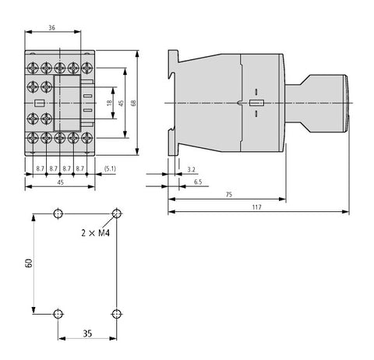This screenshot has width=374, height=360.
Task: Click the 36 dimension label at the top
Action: tap(52, 27)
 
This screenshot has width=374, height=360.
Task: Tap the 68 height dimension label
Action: tap(134, 103)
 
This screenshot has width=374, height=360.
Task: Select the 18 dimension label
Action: tap(110, 103)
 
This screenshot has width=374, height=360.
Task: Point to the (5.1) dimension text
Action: tap(110, 169)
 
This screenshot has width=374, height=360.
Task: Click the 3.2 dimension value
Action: tap(191, 170)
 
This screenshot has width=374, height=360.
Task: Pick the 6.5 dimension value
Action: tap(198, 182)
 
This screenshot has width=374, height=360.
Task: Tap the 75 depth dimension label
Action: tap(229, 195)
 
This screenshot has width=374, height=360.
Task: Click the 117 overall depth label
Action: tap(257, 207)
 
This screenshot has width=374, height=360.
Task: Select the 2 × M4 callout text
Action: tap(96, 233)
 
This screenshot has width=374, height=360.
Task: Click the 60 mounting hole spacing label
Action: tap(29, 263)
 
